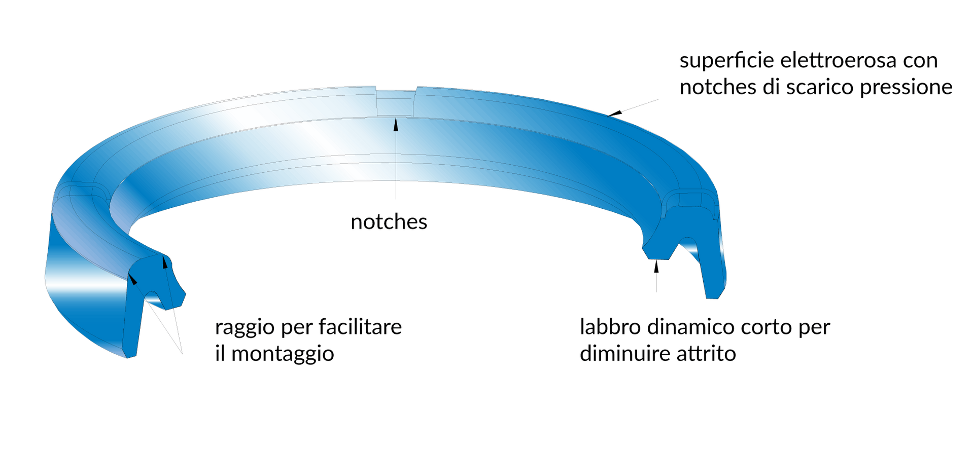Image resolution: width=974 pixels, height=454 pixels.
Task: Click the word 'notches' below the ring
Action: coord(389,222)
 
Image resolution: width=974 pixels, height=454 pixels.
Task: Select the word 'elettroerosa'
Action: coord(838,60)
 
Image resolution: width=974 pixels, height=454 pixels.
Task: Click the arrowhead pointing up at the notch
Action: coord(396,124)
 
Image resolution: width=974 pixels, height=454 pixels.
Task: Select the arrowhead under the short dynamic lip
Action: coord(656,266)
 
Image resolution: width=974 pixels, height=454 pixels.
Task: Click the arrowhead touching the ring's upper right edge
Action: coord(615,113)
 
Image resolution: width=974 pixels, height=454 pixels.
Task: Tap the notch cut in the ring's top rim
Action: coord(395,103)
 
